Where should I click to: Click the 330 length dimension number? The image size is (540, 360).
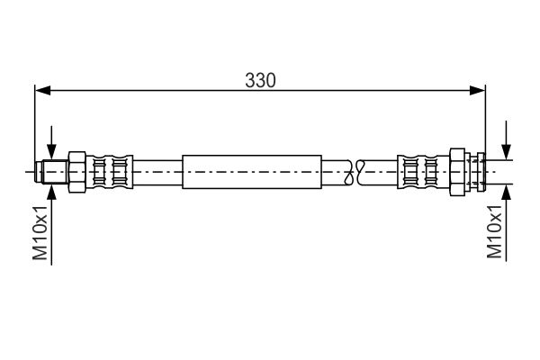260,80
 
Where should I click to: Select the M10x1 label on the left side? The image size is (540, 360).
40,233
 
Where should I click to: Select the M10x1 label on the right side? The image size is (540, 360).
494,233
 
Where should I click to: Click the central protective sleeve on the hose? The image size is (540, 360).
251,171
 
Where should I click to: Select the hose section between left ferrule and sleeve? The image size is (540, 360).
157,171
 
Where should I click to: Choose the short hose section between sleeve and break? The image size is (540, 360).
336,171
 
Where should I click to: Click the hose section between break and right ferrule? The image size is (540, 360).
378,171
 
